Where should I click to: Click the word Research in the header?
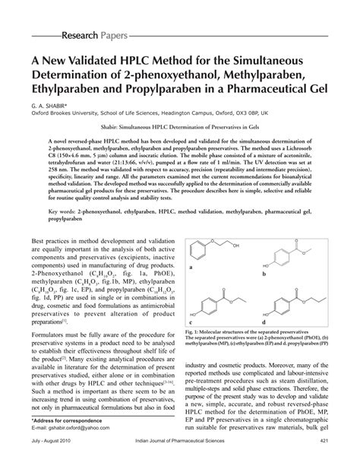(x=83, y=36)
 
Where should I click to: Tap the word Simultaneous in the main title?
(x=292, y=60)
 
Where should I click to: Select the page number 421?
(x=324, y=460)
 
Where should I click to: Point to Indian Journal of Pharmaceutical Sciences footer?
(x=180, y=460)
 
